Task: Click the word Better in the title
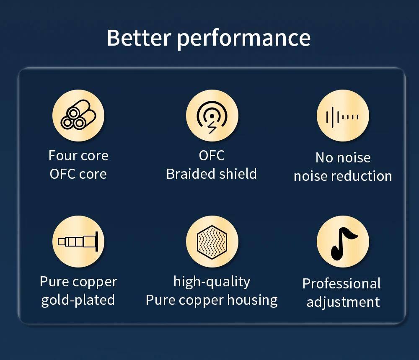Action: tap(139, 38)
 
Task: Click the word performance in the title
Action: tap(244, 39)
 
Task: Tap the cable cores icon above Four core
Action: tap(78, 116)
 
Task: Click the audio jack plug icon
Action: tap(78, 242)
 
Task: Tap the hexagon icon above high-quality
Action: tap(212, 242)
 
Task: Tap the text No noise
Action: tap(343, 157)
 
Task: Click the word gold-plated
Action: tap(78, 300)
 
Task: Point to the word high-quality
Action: tap(212, 282)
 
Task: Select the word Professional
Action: tap(341, 284)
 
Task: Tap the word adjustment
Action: tap(343, 302)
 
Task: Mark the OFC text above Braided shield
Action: tap(212, 155)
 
